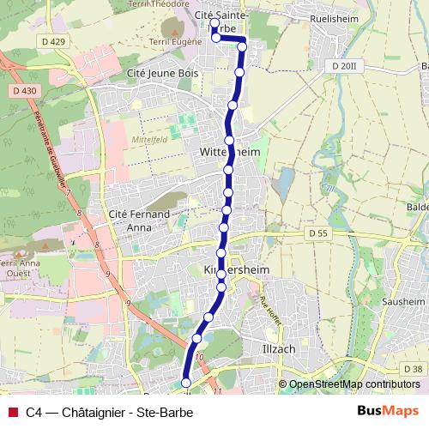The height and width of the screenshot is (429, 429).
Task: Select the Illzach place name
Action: pyautogui.click(x=279, y=348)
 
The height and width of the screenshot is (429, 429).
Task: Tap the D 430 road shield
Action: pyautogui.click(x=26, y=89)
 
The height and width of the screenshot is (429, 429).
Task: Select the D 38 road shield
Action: pyautogui.click(x=412, y=369)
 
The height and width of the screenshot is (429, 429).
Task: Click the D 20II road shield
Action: pyautogui.click(x=342, y=65)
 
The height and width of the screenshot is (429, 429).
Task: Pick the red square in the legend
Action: pyautogui.click(x=12, y=411)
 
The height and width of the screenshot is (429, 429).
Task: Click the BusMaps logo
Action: pyautogui.click(x=387, y=411)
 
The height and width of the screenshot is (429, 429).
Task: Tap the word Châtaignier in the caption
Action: pyautogui.click(x=85, y=411)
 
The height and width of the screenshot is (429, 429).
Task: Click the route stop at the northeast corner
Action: pyautogui.click(x=242, y=40)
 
